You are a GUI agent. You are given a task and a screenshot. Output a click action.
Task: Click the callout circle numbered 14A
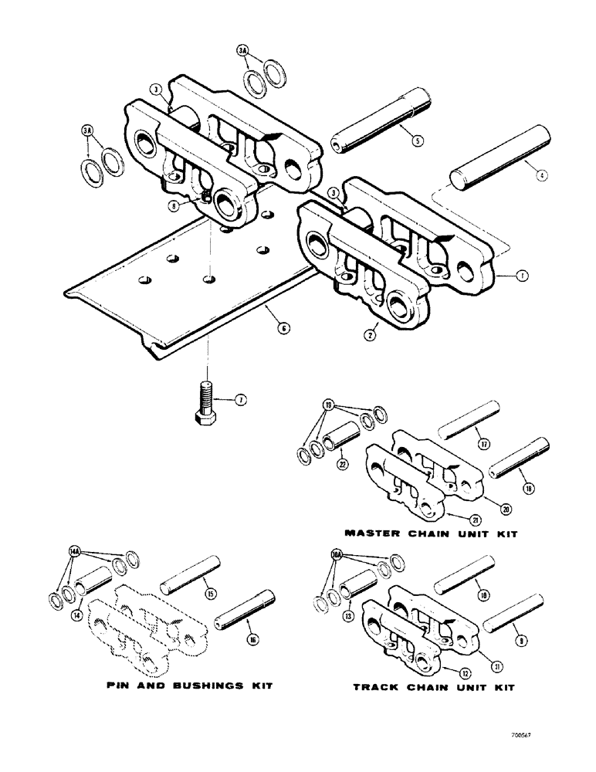[x=74, y=551]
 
